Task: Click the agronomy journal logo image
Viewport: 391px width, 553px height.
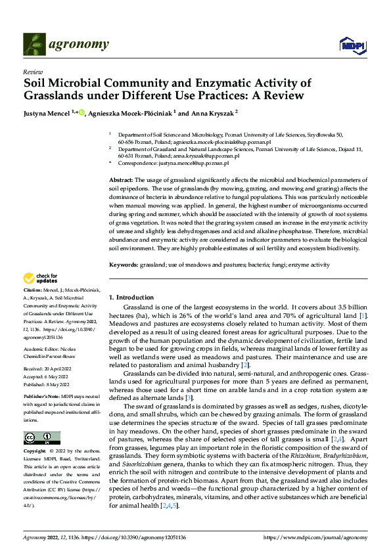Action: pos(34,43)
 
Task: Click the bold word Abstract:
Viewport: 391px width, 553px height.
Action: pos(122,179)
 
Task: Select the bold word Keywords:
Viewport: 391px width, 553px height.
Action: pos(124,264)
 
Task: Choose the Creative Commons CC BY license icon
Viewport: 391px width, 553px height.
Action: pos(41,438)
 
